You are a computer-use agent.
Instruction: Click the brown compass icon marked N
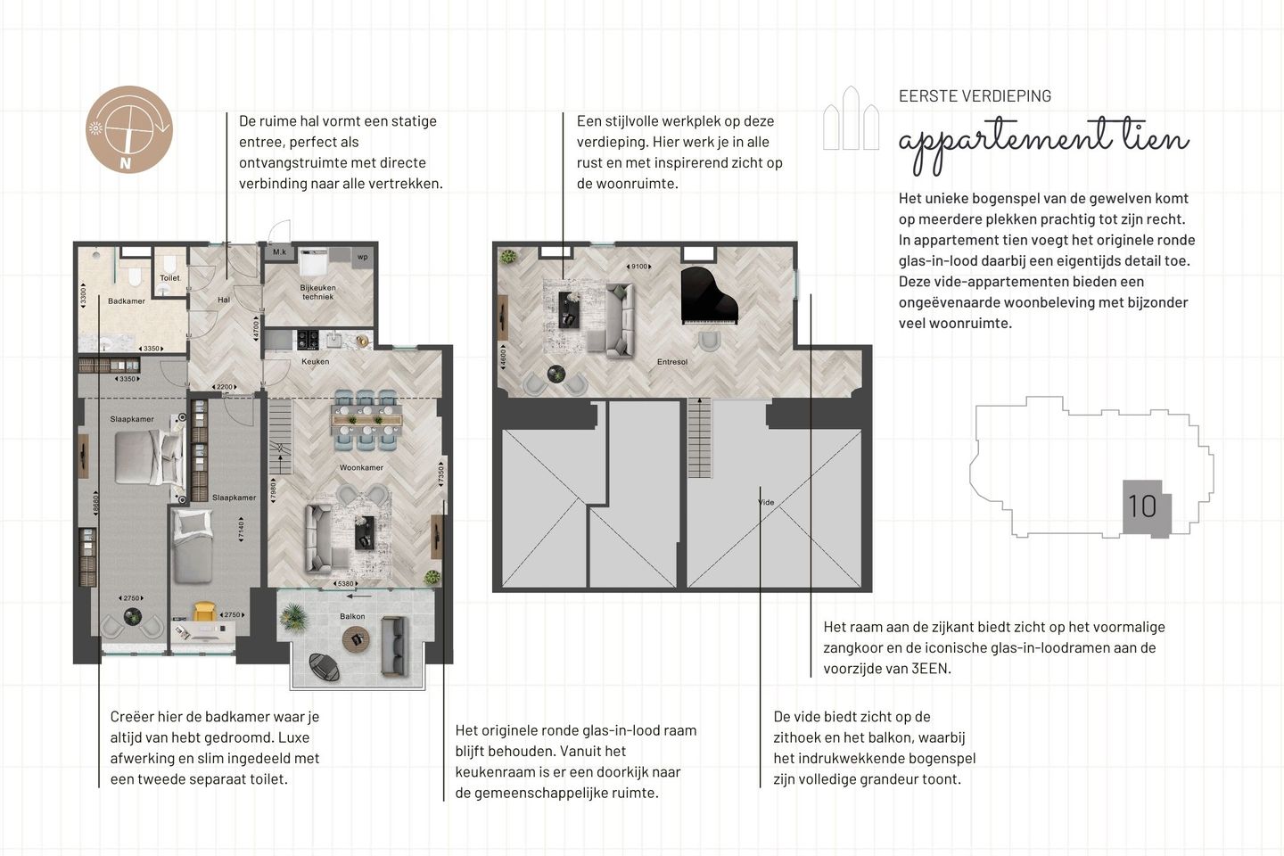pos(128,129)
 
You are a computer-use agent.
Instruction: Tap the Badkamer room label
pos(126,301)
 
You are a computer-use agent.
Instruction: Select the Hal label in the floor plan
pos(224,300)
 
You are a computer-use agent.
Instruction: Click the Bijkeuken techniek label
pos(317,292)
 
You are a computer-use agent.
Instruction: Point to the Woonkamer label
pos(361,467)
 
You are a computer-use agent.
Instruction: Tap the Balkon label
pos(352,616)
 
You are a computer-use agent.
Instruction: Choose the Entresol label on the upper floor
pos(672,362)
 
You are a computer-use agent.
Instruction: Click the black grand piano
pos(709,296)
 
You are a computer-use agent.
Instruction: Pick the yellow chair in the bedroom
pos(205,612)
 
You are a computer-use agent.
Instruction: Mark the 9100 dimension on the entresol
pos(639,267)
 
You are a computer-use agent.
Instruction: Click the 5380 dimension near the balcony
pos(346,584)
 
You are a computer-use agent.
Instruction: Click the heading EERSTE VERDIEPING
pos(975,96)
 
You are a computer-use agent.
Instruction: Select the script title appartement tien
pos(1043,141)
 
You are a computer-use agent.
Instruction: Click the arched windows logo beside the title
pos(851,119)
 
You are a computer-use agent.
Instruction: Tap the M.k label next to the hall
pos(279,252)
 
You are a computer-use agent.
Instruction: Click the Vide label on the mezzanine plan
pos(766,503)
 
